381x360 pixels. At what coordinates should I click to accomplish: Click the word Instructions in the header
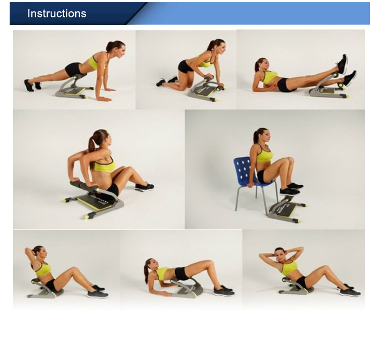pyautogui.click(x=56, y=14)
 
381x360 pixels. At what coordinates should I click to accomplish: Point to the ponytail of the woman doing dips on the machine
pyautogui.click(x=92, y=152)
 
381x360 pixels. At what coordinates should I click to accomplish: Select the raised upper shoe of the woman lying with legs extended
pyautogui.click(x=342, y=64)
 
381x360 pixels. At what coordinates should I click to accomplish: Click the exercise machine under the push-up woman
pyautogui.click(x=72, y=87)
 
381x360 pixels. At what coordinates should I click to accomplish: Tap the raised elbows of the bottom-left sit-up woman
pyautogui.click(x=26, y=250)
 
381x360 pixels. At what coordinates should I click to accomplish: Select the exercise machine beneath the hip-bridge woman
pyautogui.click(x=187, y=288)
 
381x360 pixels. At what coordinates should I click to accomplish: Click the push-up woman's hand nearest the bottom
pyautogui.click(x=105, y=99)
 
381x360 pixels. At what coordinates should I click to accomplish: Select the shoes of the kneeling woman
pyautogui.click(x=167, y=81)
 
